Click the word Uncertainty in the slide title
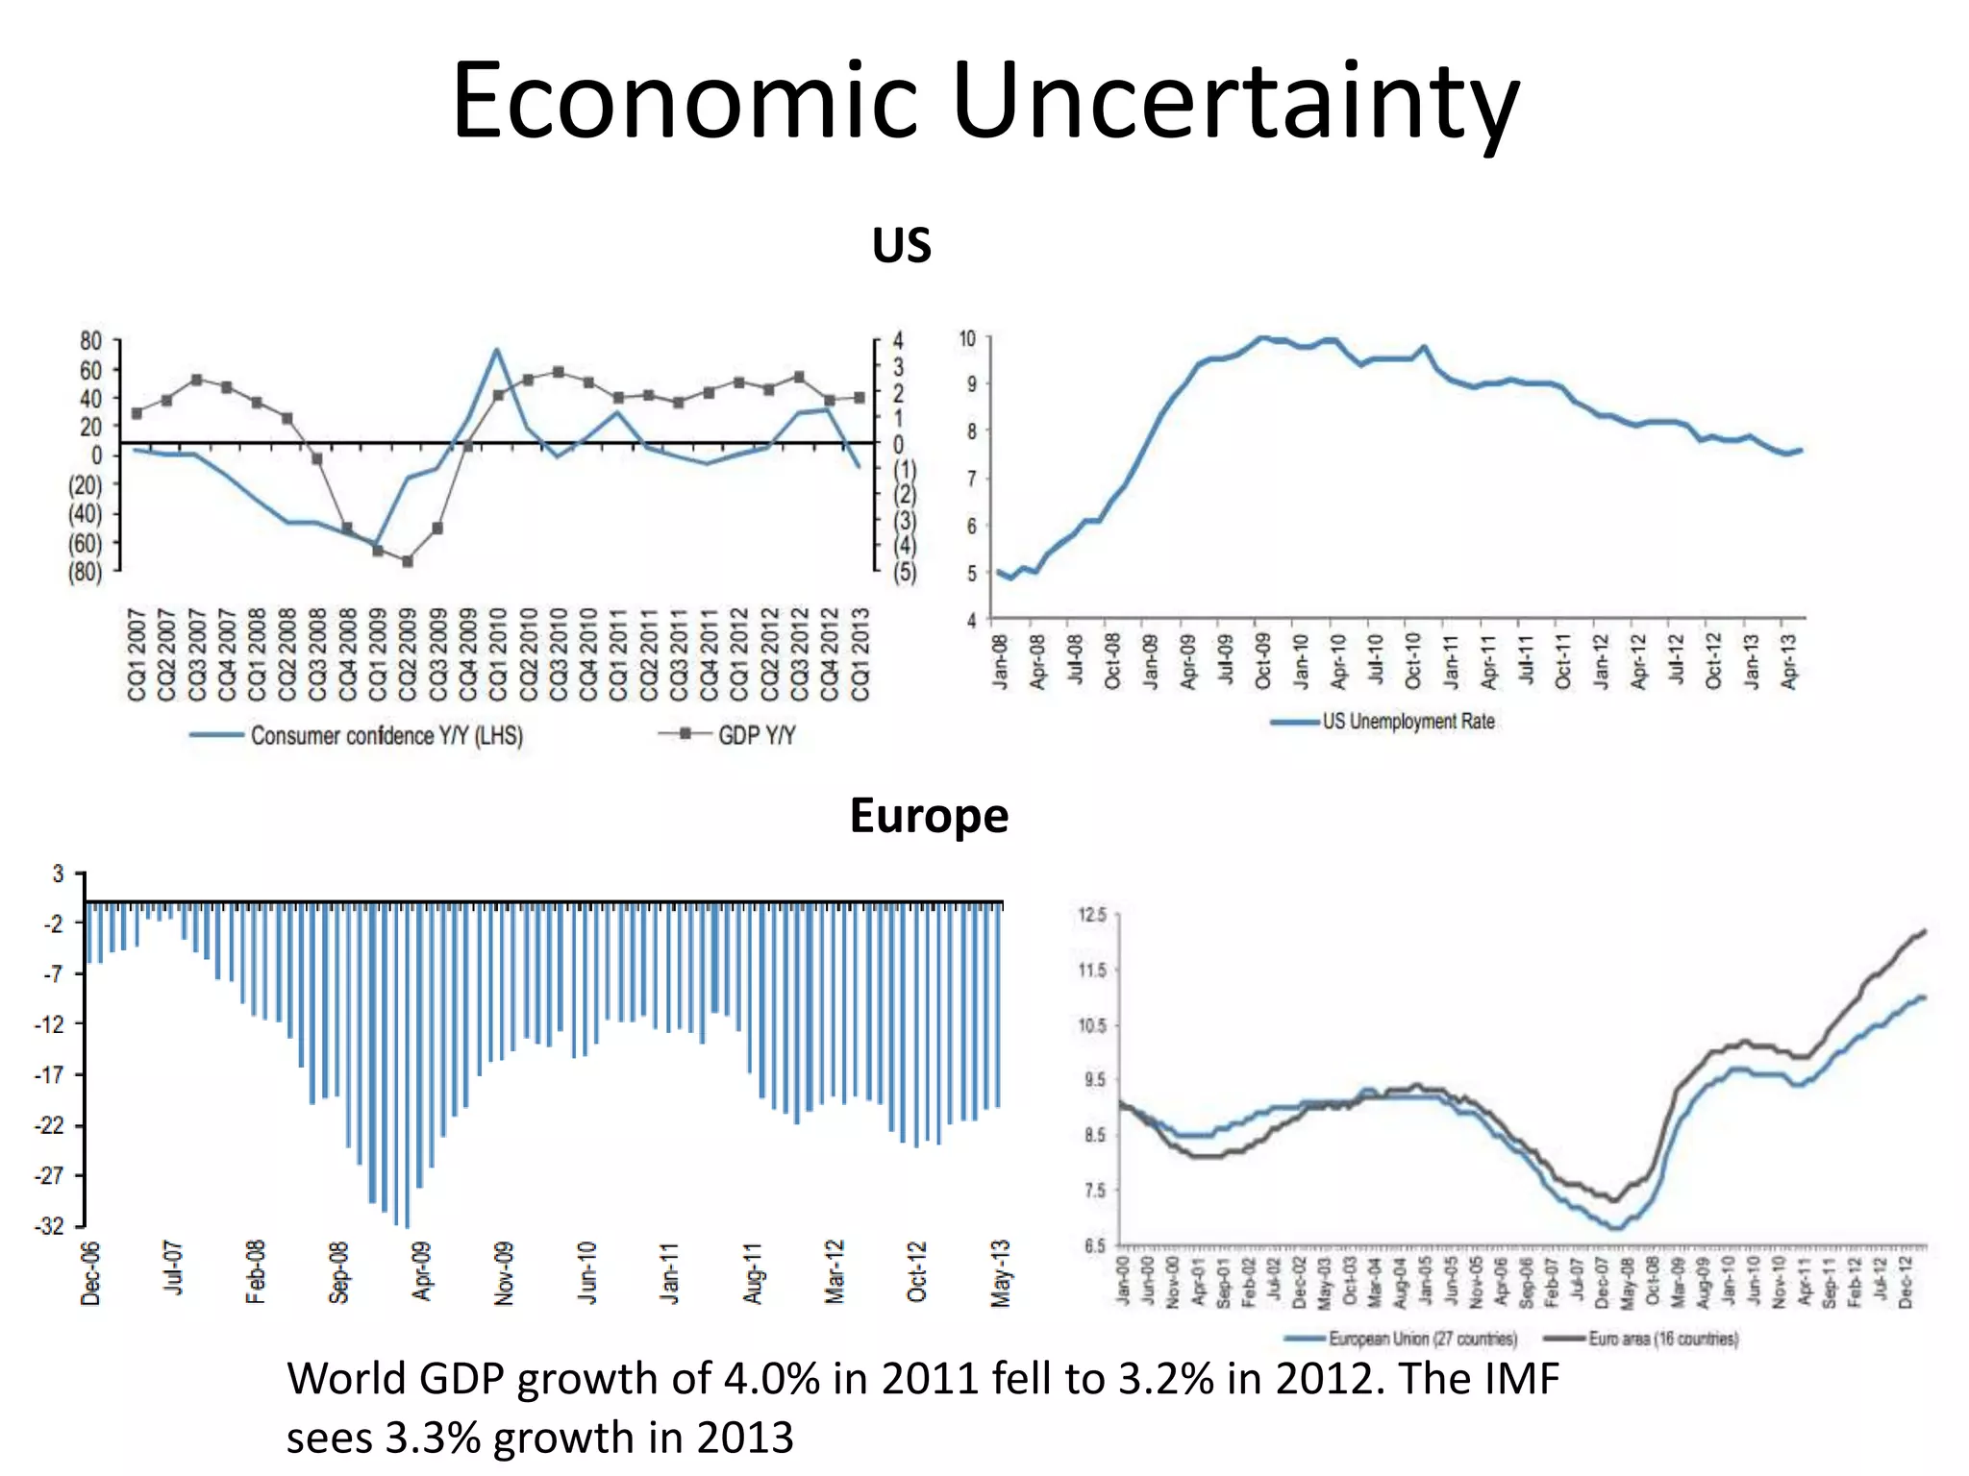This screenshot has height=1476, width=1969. click(x=1235, y=101)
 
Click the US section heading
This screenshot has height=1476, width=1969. click(x=901, y=246)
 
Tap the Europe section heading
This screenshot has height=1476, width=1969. click(x=929, y=816)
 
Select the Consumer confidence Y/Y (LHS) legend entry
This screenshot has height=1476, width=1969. click(x=386, y=736)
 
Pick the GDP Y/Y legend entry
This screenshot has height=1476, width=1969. click(x=756, y=736)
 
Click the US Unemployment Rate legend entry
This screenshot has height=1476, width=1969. click(x=1408, y=722)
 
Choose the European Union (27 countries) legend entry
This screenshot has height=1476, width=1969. click(x=1422, y=1339)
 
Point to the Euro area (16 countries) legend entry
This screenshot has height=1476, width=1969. click(x=1663, y=1339)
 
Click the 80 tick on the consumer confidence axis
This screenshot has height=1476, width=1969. click(x=90, y=341)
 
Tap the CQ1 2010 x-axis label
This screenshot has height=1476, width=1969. click(x=498, y=654)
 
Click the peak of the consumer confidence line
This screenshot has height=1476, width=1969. click(x=496, y=350)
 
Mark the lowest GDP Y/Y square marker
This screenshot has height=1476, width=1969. click(x=408, y=561)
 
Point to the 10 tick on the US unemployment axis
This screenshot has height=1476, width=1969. click(x=967, y=338)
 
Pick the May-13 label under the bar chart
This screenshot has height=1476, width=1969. click(x=1001, y=1273)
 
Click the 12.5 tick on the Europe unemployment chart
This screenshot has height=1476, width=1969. click(x=1094, y=915)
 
